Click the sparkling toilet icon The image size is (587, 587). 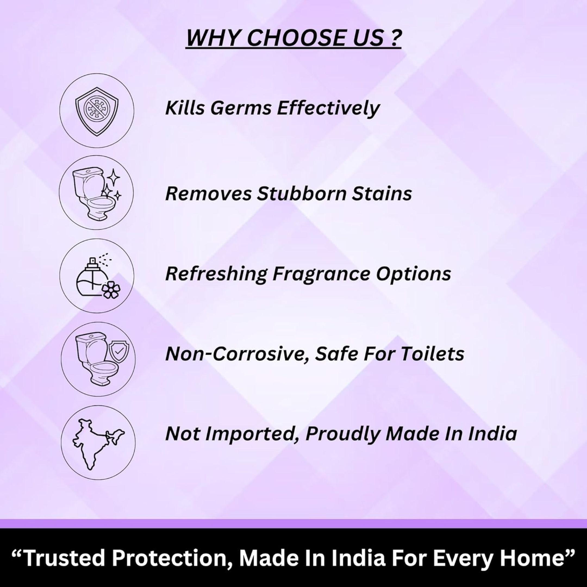pyautogui.click(x=96, y=193)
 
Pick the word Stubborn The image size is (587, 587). pyautogui.click(x=301, y=193)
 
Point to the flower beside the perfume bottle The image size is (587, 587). pyautogui.click(x=111, y=290)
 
